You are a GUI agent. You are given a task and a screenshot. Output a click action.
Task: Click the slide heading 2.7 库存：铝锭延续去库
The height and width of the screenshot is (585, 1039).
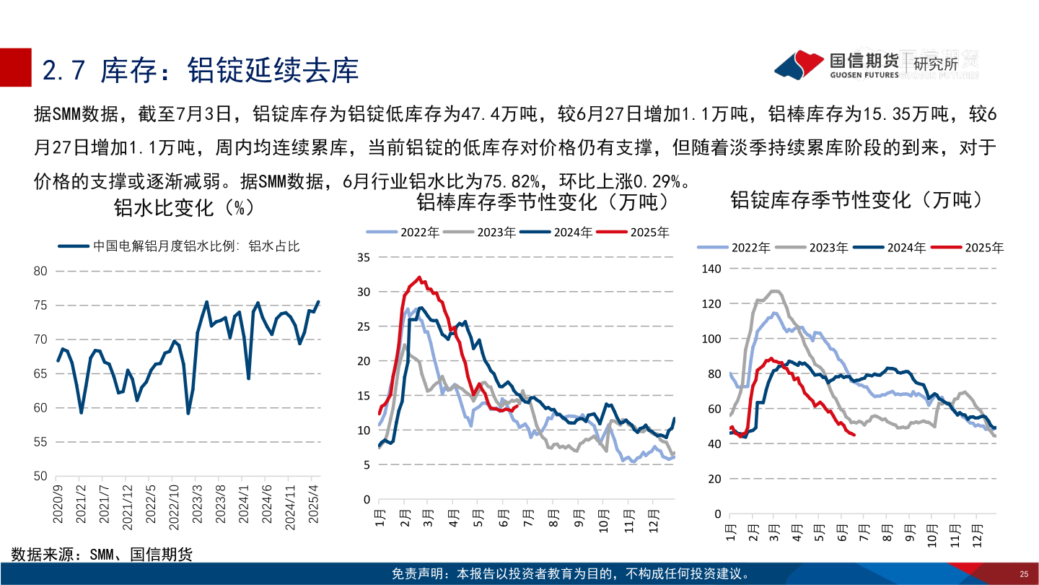[201, 71]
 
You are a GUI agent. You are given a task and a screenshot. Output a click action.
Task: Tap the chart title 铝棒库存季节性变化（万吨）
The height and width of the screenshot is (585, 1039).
[543, 201]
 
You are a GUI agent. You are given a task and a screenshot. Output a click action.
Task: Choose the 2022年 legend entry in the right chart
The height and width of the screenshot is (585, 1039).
[741, 247]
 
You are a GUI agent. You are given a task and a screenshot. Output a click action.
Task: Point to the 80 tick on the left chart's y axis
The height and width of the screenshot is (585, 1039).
[40, 272]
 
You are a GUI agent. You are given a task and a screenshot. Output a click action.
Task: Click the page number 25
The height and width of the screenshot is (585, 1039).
[1023, 574]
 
